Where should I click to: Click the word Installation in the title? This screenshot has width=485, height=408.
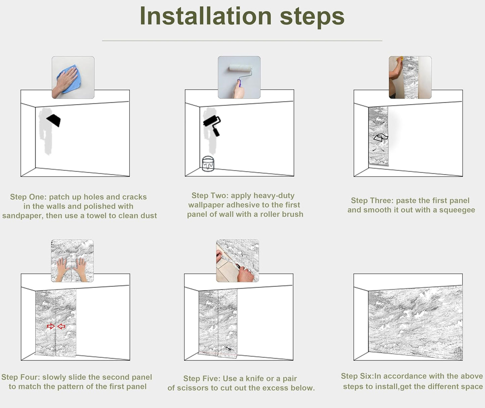coord(206,16)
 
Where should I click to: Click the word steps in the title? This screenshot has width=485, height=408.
coord(312,17)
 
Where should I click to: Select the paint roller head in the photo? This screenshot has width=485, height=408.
coord(241,68)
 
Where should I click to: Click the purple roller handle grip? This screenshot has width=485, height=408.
coord(239,83)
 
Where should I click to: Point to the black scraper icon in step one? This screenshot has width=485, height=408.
coord(54,120)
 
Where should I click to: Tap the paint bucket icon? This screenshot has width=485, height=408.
coord(208,164)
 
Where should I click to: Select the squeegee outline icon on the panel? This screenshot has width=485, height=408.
coord(381,138)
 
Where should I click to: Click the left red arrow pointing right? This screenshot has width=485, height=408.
coord(51,326)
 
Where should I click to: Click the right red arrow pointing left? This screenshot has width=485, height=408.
coord(61,327)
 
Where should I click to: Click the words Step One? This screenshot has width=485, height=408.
coord(28,197)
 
